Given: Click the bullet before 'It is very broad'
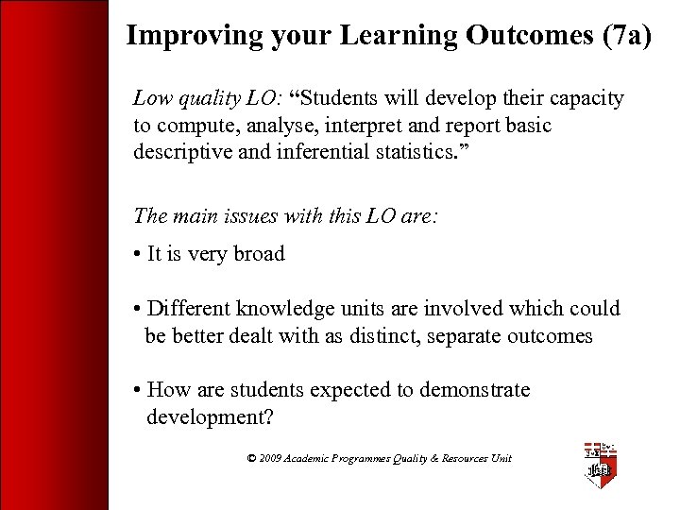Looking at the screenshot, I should (138, 255).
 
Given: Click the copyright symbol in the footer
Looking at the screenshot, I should (251, 459).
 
